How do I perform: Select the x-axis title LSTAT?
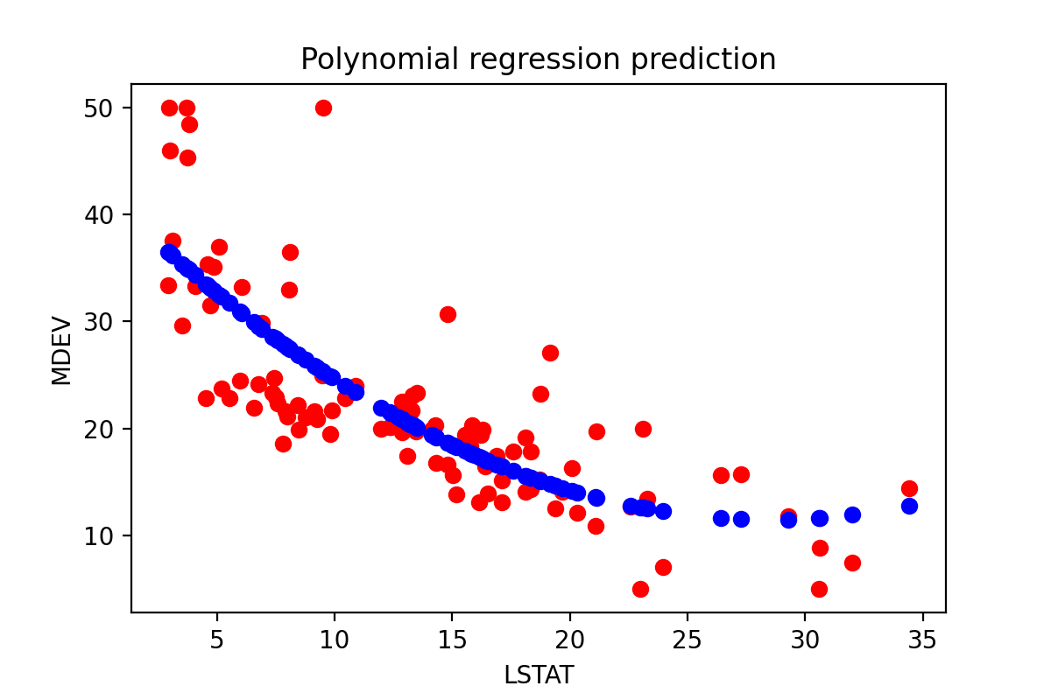pyautogui.click(x=538, y=675)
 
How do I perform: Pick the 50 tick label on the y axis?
pyautogui.click(x=109, y=108)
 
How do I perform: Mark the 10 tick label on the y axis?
pyautogui.click(x=109, y=535)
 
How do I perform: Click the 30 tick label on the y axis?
pyautogui.click(x=109, y=322)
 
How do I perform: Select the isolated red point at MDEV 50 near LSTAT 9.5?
pyautogui.click(x=323, y=108)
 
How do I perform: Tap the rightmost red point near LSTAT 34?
pyautogui.click(x=909, y=488)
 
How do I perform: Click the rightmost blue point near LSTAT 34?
pyautogui.click(x=909, y=506)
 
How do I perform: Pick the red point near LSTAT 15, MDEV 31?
pyautogui.click(x=448, y=314)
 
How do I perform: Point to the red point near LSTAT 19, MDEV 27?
pyautogui.click(x=550, y=353)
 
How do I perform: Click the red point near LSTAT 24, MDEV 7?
pyautogui.click(x=663, y=567)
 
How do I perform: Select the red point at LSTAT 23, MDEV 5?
pyautogui.click(x=640, y=589)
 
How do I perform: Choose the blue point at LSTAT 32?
pyautogui.click(x=852, y=514)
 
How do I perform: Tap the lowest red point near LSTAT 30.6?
pyautogui.click(x=819, y=589)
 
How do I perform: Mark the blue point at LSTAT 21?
pyautogui.click(x=596, y=498)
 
